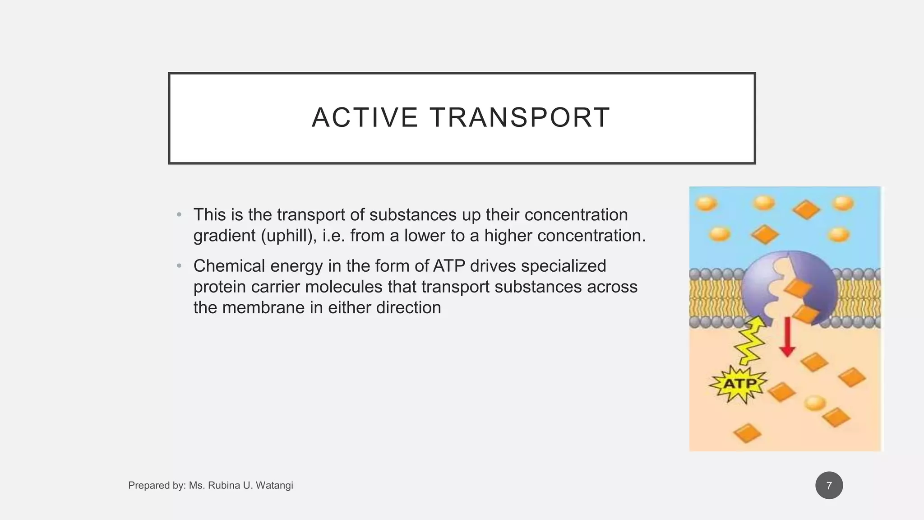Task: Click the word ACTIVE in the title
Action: tap(365, 118)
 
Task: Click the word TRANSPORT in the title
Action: tap(520, 118)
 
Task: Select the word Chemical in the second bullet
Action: tap(229, 266)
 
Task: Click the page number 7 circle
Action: tap(829, 486)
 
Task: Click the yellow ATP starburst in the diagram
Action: tap(739, 384)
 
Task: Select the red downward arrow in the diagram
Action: tap(787, 337)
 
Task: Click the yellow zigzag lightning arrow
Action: tap(749, 341)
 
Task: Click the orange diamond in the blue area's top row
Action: tap(806, 210)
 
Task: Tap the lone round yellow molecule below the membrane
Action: tap(815, 402)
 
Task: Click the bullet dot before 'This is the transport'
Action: tap(179, 215)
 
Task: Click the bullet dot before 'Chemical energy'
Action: tap(179, 266)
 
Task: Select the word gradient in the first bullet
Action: tap(224, 236)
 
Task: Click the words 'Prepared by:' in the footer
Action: tap(157, 486)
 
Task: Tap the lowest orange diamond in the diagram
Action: tap(747, 433)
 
